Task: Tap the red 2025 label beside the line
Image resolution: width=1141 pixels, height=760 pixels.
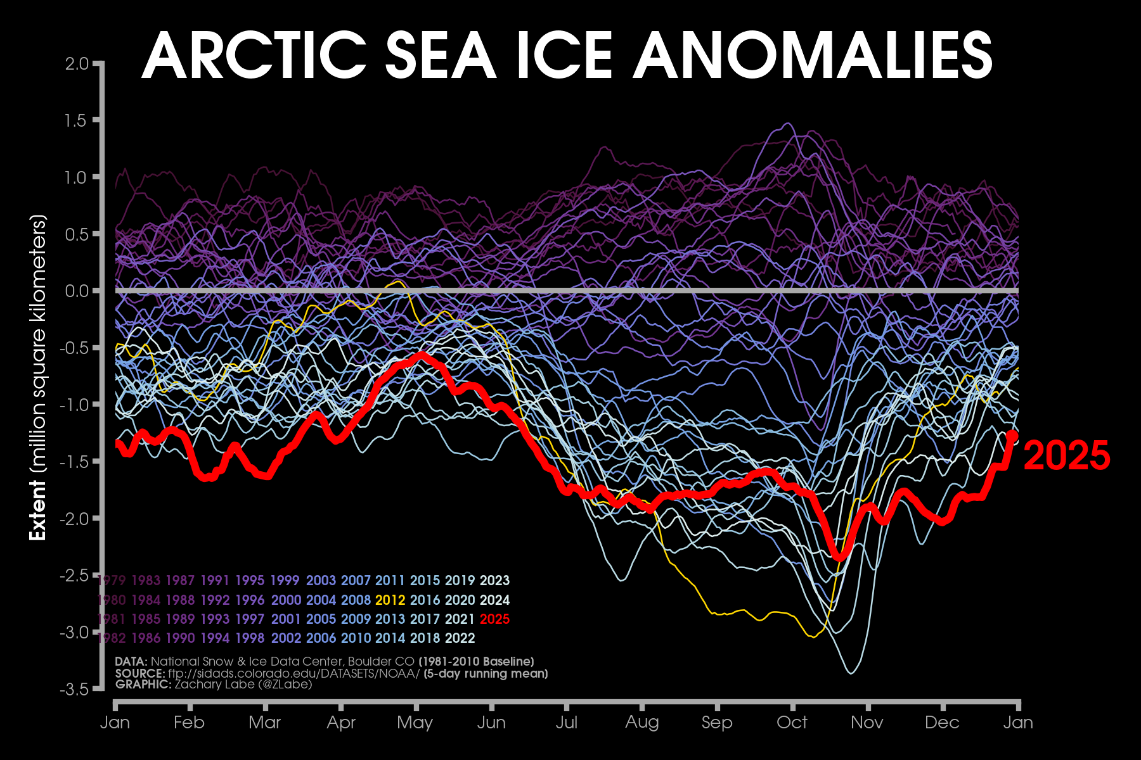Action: [x=1067, y=455]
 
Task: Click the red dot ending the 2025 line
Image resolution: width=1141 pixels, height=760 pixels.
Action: [x=1012, y=436]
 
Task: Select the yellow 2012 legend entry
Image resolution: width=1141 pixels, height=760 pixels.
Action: [x=390, y=600]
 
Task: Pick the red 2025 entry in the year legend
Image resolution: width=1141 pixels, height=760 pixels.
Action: [x=494, y=619]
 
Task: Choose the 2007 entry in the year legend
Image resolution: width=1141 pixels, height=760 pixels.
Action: [x=356, y=580]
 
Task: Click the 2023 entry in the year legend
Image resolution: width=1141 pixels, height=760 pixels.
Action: [x=494, y=580]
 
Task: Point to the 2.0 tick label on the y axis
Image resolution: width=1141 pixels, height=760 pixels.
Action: [x=77, y=63]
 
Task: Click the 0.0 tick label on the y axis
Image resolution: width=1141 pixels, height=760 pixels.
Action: [x=77, y=291]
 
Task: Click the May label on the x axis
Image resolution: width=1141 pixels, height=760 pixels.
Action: [x=415, y=723]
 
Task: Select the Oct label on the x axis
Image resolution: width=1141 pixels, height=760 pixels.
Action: [x=792, y=723]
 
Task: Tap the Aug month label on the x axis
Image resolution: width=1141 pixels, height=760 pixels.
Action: [x=642, y=723]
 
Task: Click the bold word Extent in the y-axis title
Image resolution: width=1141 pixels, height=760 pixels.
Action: [x=38, y=510]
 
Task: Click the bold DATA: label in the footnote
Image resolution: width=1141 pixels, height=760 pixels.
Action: [x=131, y=662]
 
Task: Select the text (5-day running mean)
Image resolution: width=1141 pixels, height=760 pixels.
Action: [x=486, y=673]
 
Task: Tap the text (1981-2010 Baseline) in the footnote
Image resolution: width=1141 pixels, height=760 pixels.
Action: [x=476, y=662]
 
